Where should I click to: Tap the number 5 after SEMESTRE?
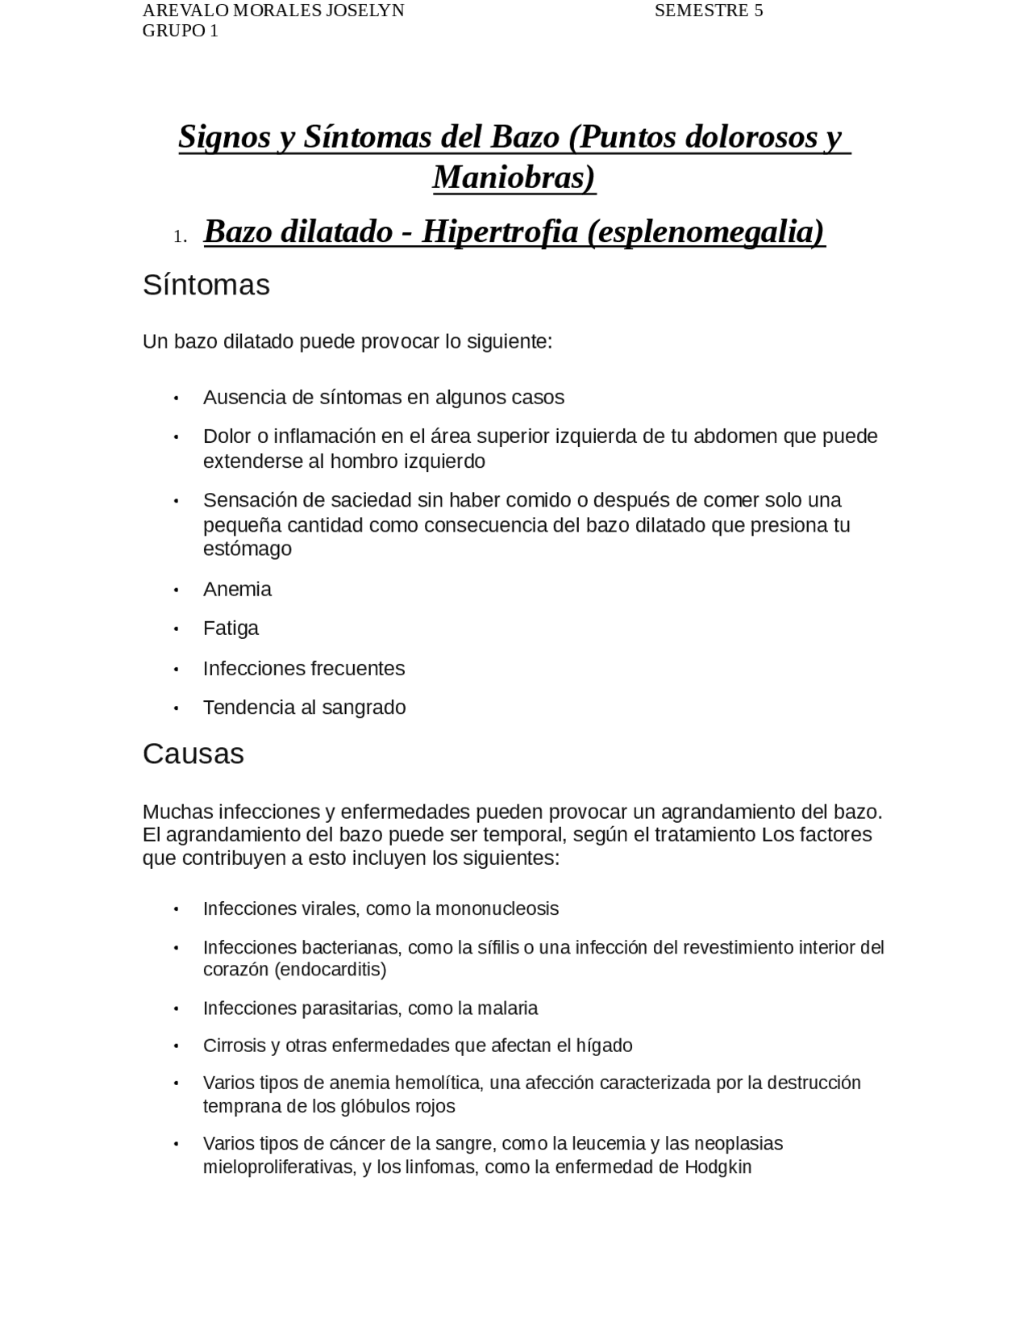click(x=758, y=11)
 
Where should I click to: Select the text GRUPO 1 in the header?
click(x=181, y=31)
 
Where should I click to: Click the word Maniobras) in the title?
click(x=514, y=177)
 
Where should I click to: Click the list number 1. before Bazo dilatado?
click(x=180, y=236)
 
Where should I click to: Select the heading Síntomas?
click(x=206, y=285)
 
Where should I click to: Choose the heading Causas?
click(x=193, y=754)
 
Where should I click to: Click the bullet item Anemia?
click(x=237, y=589)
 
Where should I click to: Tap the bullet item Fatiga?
click(x=231, y=628)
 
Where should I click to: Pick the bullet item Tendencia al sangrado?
click(x=304, y=707)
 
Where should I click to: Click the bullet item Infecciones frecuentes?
click(x=304, y=668)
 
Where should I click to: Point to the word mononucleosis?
click(x=497, y=908)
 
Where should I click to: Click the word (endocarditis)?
click(x=331, y=969)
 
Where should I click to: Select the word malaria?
click(x=508, y=1008)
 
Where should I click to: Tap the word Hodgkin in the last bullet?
click(x=718, y=1167)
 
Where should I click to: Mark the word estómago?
click(x=248, y=549)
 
